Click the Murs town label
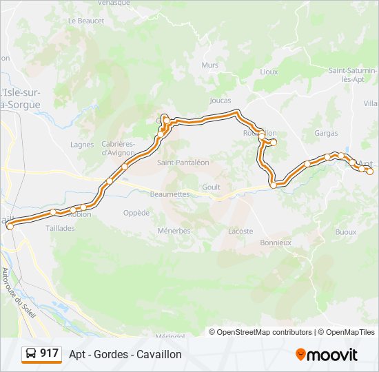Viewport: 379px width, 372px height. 209,65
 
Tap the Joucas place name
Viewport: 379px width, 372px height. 221,101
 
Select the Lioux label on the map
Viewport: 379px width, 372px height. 269,71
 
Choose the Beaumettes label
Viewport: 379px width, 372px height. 169,194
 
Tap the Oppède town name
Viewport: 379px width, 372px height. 136,213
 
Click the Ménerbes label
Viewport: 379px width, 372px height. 174,231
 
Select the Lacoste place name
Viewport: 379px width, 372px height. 240,231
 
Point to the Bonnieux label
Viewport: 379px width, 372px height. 276,242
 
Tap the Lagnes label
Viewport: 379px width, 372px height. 82,145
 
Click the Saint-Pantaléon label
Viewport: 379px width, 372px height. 183,163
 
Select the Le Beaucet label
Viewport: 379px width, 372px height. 86,21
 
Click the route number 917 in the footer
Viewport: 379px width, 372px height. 49,353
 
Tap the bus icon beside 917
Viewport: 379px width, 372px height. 31,353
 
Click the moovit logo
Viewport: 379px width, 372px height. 327,355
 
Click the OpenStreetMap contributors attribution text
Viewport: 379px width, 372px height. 265,332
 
